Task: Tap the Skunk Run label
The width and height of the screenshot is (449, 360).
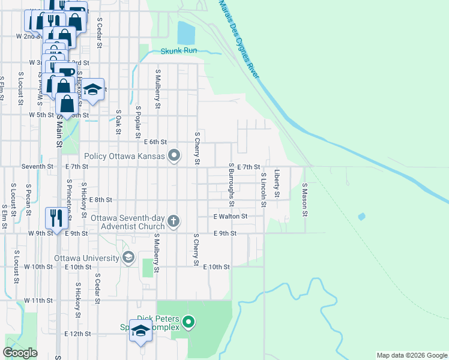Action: tap(179, 51)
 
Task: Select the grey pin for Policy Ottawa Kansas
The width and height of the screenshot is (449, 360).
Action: tap(174, 156)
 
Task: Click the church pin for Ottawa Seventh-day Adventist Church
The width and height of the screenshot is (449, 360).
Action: tap(173, 221)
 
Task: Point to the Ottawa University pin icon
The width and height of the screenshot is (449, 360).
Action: tap(128, 258)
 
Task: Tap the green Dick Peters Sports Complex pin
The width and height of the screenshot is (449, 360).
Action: tap(188, 322)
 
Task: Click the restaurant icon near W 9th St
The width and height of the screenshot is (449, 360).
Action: tap(55, 217)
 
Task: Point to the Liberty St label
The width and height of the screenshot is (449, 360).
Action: tap(277, 184)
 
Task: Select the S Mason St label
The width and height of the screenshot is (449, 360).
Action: tap(305, 200)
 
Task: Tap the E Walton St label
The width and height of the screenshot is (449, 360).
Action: tap(230, 216)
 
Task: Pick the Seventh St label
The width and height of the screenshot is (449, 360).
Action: tap(37, 166)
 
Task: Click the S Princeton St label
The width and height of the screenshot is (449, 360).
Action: tap(70, 198)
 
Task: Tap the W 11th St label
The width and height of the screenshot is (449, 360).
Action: tap(39, 299)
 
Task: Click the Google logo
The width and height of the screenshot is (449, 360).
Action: tap(20, 353)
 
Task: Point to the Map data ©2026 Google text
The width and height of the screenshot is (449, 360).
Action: tap(411, 355)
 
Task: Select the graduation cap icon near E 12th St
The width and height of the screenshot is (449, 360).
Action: tap(141, 331)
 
